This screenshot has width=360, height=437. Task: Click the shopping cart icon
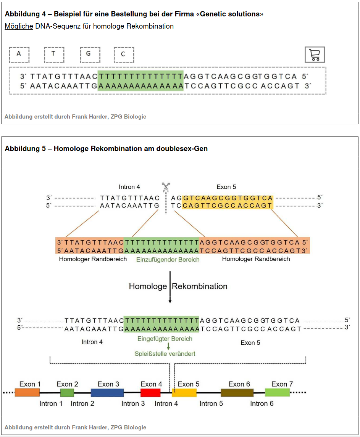point(315,55)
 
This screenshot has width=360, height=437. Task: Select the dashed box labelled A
point(19,55)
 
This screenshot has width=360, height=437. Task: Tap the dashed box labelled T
point(54,55)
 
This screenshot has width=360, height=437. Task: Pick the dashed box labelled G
point(90,55)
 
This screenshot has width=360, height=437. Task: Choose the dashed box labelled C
point(124,55)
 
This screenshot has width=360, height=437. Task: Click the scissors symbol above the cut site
point(166,188)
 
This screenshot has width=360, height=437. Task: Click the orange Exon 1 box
point(27,392)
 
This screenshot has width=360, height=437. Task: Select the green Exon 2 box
point(67,392)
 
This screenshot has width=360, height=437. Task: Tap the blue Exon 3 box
point(107,392)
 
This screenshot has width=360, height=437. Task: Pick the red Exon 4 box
point(150,392)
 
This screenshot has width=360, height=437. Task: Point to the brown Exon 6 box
point(237,392)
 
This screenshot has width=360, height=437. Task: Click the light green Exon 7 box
point(277,392)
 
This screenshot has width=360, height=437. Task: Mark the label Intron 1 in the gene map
point(51,403)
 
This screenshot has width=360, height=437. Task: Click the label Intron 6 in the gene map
point(262,403)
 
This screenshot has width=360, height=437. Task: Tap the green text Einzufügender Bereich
point(168,260)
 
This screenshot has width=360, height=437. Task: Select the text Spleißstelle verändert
point(165,354)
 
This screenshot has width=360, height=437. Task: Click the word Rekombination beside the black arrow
point(200,286)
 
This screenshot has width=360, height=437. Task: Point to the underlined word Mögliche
point(19,26)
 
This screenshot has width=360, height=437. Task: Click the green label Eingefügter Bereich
point(165,339)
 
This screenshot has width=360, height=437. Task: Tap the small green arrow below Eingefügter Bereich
point(168,346)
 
